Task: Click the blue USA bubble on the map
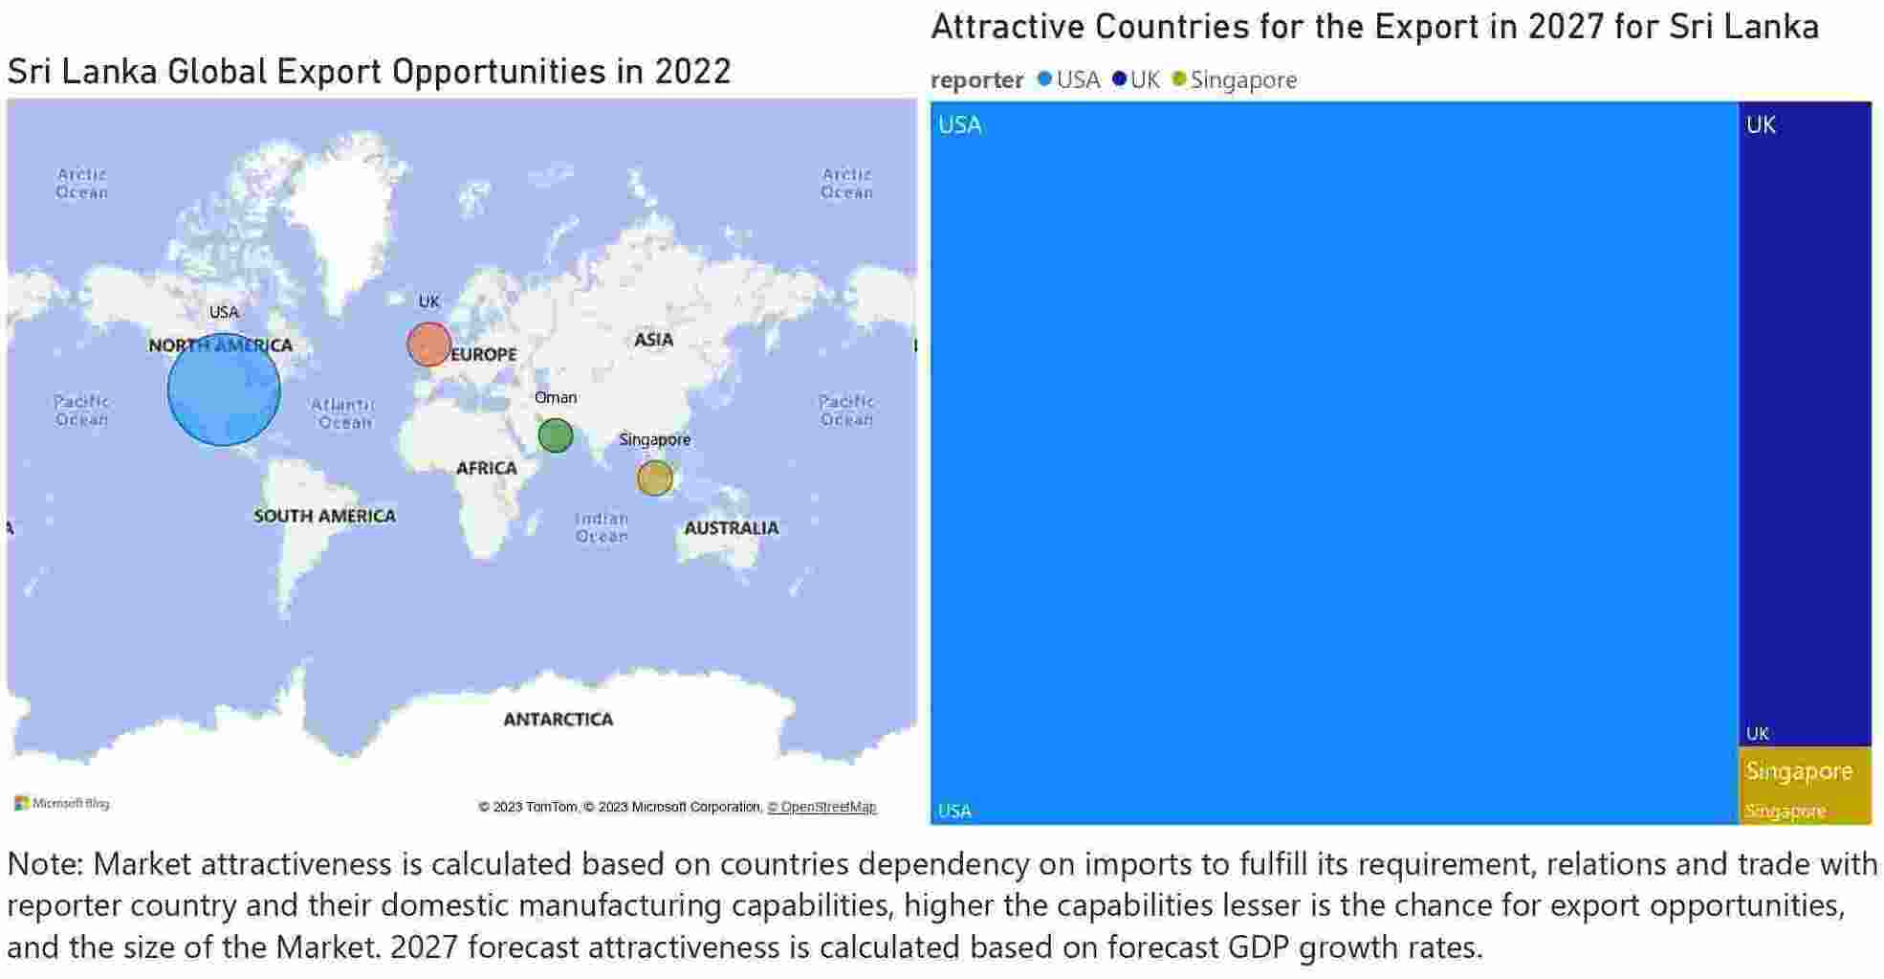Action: pyautogui.click(x=224, y=389)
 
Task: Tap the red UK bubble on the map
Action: pyautogui.click(x=428, y=345)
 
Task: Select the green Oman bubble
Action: pyautogui.click(x=555, y=435)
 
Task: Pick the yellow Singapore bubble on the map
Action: pyautogui.click(x=655, y=478)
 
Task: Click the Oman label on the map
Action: pyautogui.click(x=556, y=397)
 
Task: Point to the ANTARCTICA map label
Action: pyautogui.click(x=559, y=719)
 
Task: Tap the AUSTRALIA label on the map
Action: pyautogui.click(x=732, y=527)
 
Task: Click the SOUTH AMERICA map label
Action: pyautogui.click(x=324, y=516)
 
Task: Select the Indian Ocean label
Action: pyautogui.click(x=602, y=527)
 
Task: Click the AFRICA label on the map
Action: pyautogui.click(x=486, y=468)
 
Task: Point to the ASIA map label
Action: pyautogui.click(x=653, y=340)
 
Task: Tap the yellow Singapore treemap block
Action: pyautogui.click(x=1804, y=786)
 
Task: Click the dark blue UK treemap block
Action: pyautogui.click(x=1804, y=421)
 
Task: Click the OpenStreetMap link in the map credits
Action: pyautogui.click(x=822, y=807)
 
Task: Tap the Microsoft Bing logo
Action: pyautogui.click(x=62, y=803)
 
